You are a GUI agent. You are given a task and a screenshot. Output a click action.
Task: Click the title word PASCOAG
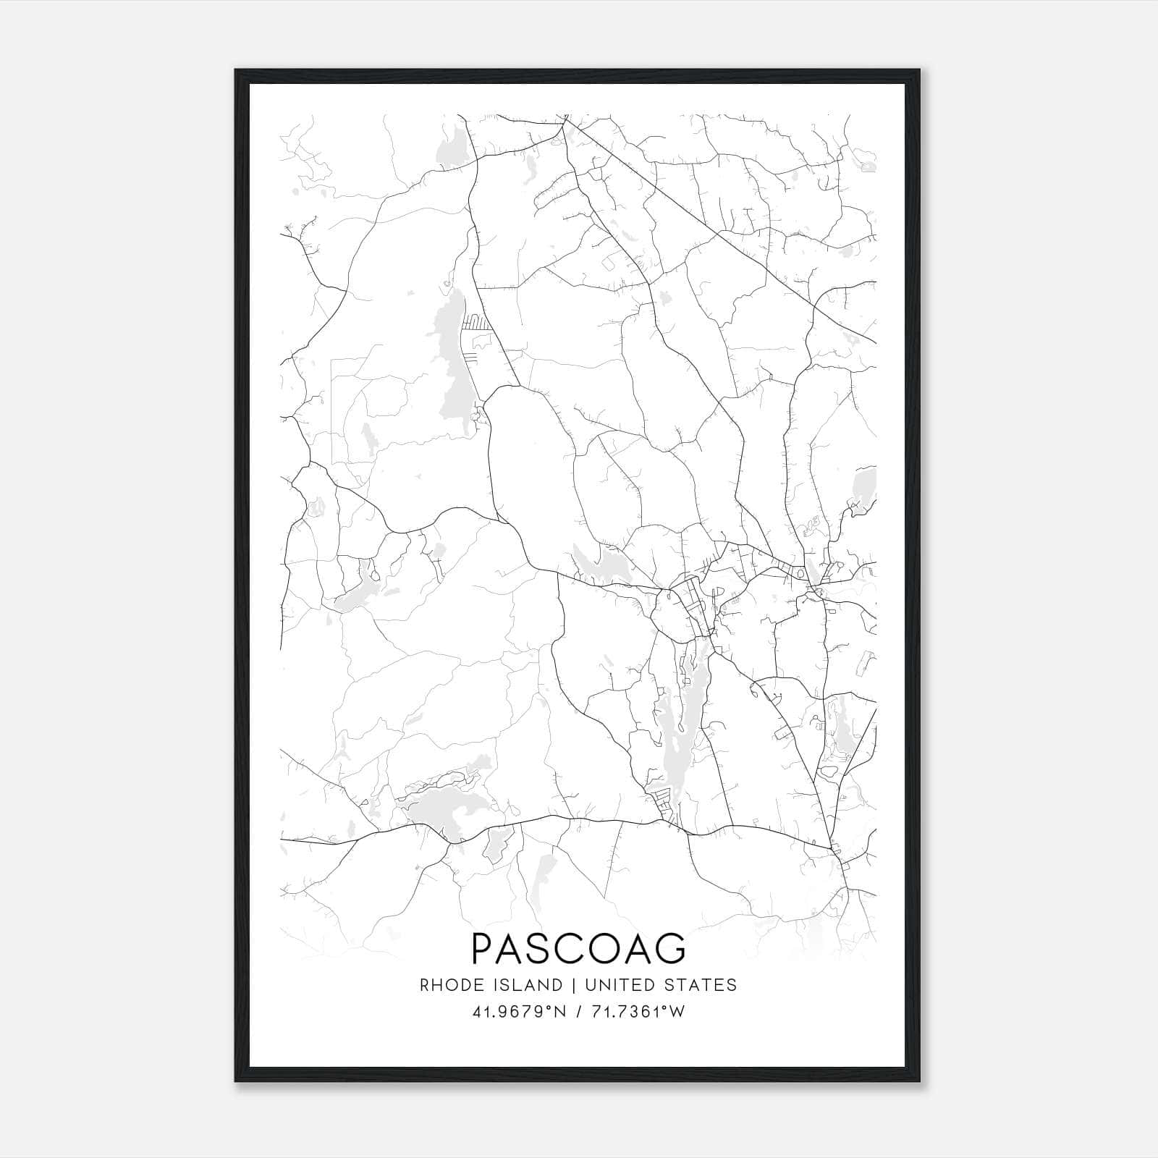[578, 947]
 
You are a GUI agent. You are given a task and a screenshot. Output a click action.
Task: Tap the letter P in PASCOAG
[482, 947]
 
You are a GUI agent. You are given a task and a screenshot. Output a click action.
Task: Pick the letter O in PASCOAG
[604, 947]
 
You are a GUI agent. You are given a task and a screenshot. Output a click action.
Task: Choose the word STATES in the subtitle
[701, 985]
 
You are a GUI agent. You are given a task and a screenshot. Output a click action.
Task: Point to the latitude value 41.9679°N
[520, 1012]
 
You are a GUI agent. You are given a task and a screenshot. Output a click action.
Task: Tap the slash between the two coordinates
[578, 1012]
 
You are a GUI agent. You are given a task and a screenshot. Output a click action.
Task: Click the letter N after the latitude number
[560, 1012]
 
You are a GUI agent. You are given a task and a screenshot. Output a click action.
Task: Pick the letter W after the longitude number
[677, 1012]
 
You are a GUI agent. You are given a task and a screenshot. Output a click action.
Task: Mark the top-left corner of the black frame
[236, 70]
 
